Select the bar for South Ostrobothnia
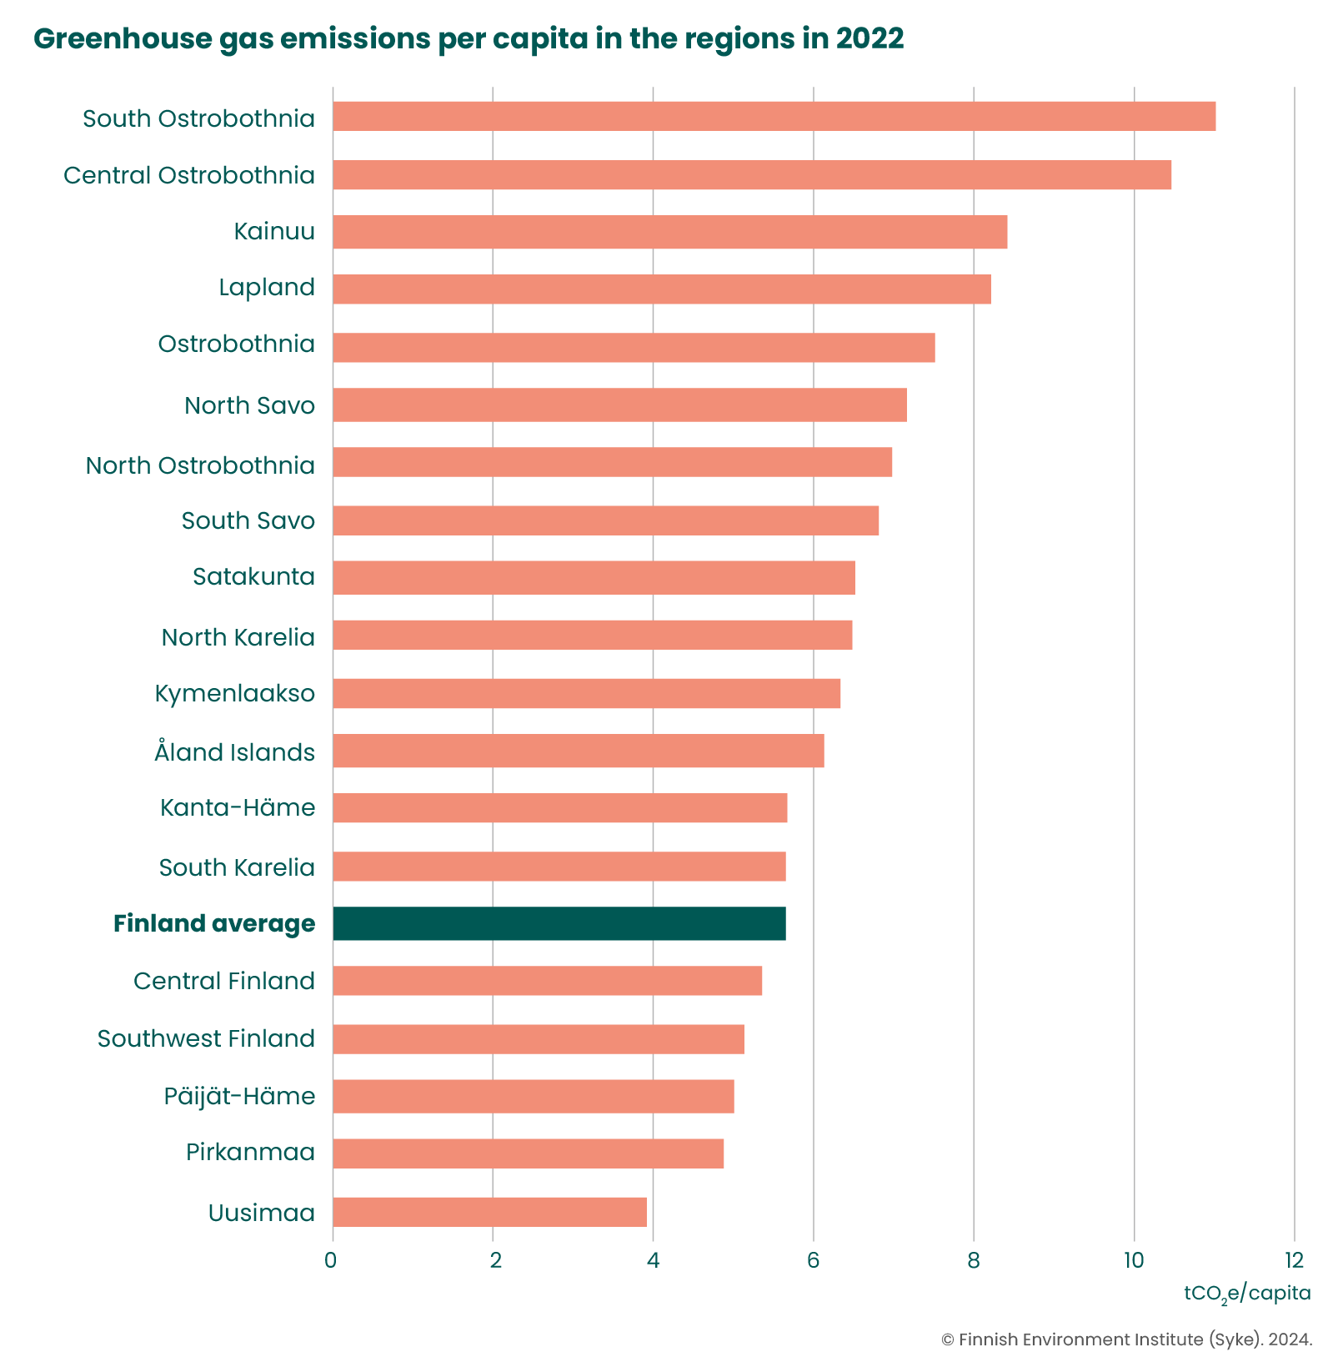point(774,117)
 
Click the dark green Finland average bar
point(559,923)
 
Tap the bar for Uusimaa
point(489,1212)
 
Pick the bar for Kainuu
point(669,232)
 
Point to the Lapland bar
point(661,289)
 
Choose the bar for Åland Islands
point(578,751)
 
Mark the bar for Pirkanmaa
point(528,1153)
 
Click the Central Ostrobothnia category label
point(189,176)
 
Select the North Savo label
point(249,406)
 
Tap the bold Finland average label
point(214,924)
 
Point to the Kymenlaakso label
point(234,694)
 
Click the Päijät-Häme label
point(239,1096)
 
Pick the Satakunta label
point(253,577)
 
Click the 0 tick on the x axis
point(332,1260)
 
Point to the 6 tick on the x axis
point(813,1260)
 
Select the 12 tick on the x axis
point(1293,1260)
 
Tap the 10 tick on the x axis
point(1133,1260)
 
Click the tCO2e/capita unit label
point(1247,1294)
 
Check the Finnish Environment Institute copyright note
point(1126,1340)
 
